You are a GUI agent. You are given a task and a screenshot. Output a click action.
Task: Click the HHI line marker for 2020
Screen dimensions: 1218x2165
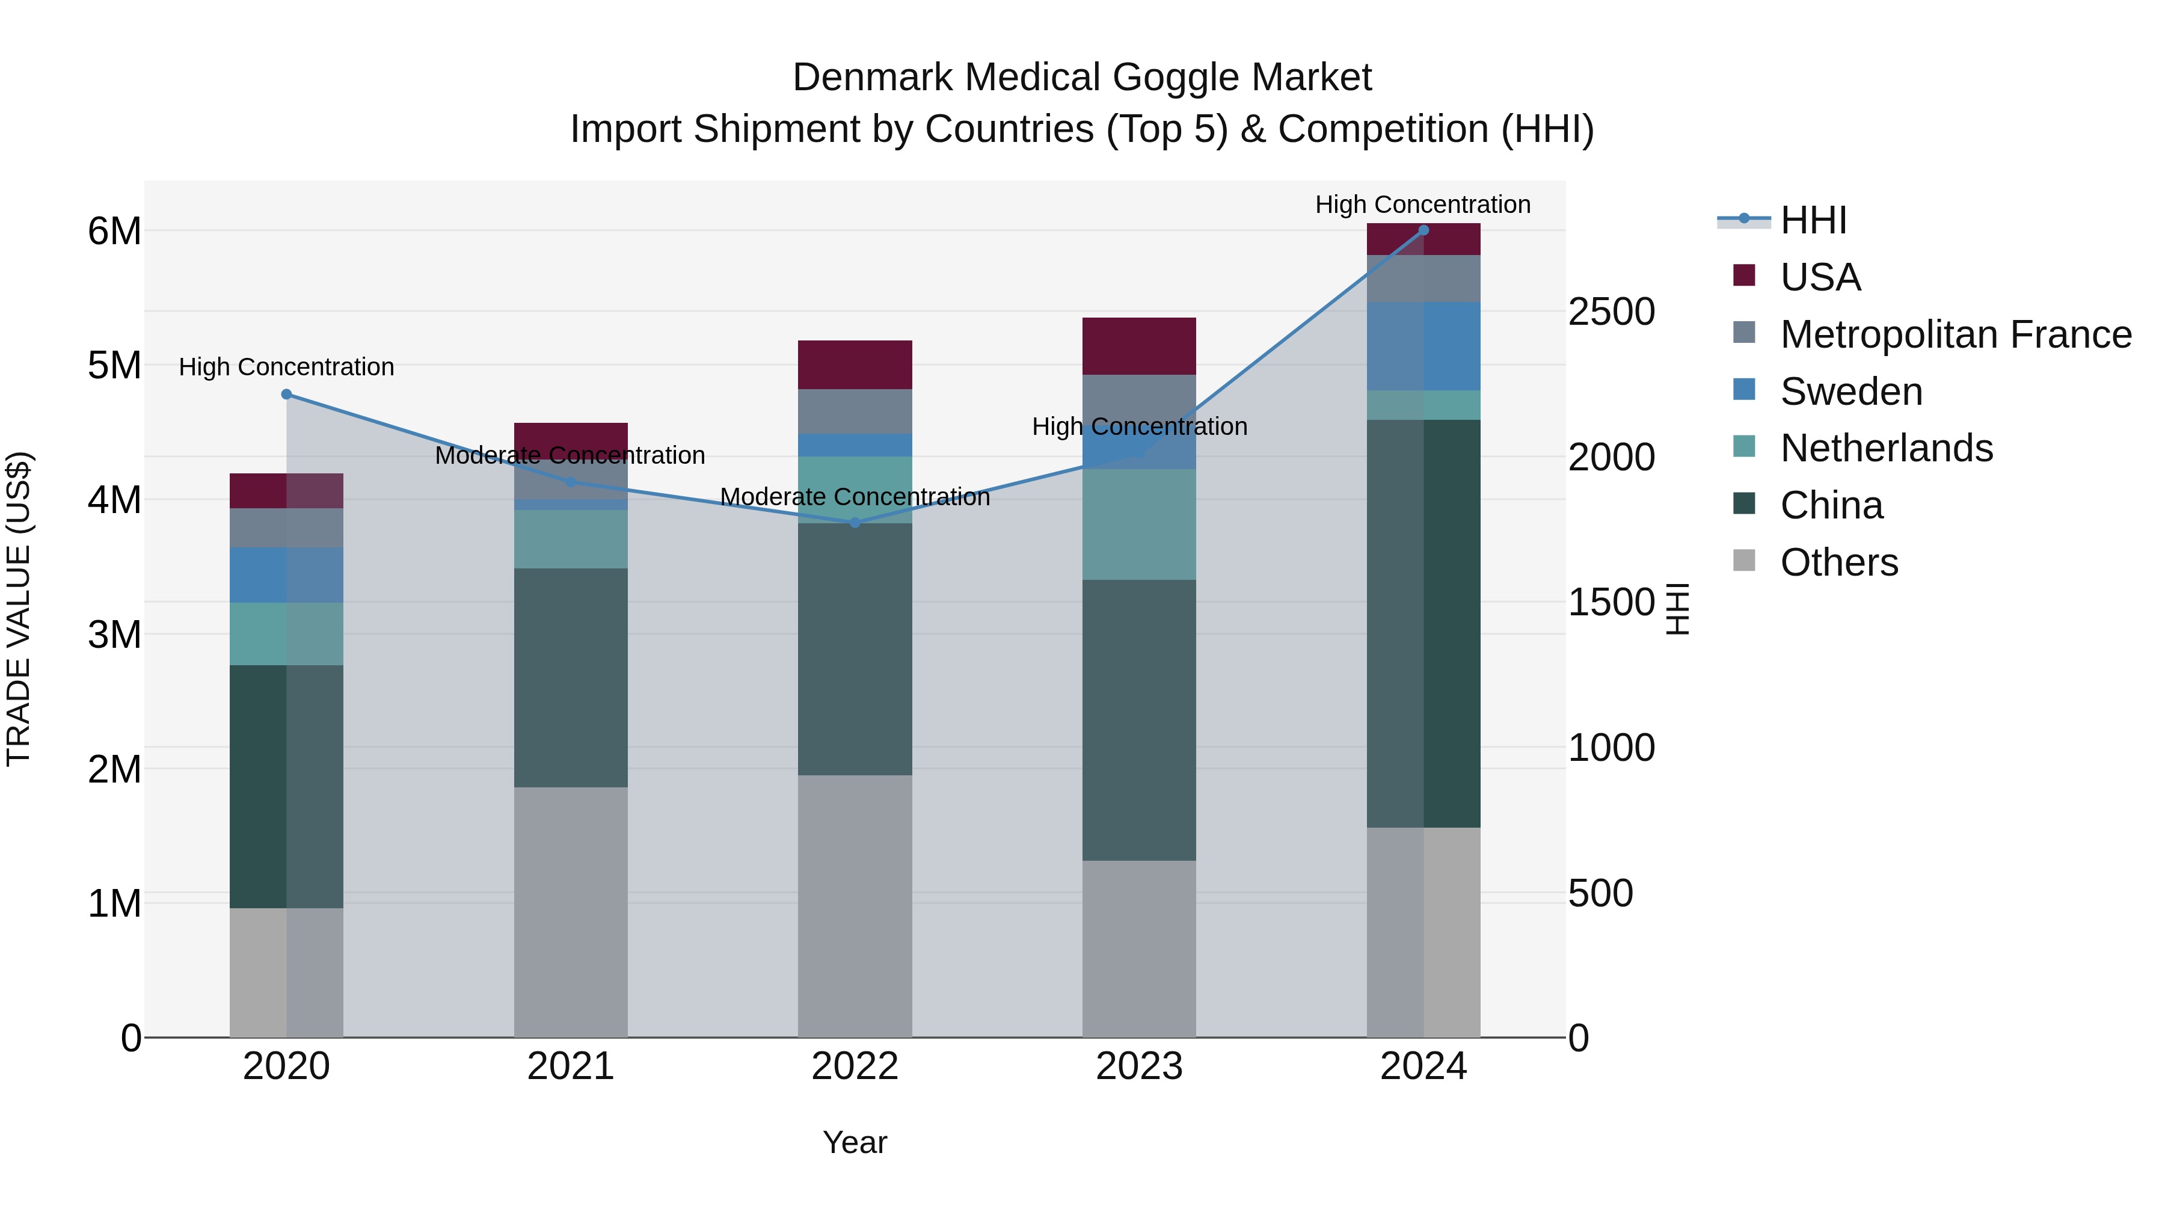coord(287,394)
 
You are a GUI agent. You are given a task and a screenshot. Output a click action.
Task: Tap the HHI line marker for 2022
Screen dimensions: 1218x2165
coord(855,523)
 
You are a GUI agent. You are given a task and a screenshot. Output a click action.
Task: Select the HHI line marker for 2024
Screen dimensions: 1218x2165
coord(1423,230)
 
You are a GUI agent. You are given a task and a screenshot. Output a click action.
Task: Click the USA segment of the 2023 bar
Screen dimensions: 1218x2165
coord(1139,346)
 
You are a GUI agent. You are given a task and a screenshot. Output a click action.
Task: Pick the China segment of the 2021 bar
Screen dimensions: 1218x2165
coord(571,677)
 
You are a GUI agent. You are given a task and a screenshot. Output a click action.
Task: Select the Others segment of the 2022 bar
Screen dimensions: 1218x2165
coord(855,906)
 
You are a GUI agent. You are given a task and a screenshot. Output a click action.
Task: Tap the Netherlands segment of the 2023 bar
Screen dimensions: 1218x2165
coord(1139,524)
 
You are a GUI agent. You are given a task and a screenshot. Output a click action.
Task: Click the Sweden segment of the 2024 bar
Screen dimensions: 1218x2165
coord(1423,346)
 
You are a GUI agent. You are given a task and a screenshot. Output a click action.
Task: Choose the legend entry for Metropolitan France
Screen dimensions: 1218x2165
coord(1956,334)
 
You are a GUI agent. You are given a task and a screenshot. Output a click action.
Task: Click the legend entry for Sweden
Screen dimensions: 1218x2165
coord(1850,392)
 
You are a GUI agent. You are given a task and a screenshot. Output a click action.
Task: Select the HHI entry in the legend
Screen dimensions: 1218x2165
coord(1813,220)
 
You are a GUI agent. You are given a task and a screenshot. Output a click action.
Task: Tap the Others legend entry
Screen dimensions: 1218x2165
coord(1839,562)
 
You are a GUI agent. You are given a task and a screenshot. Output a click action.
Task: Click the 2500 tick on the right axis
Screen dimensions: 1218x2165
coord(1611,312)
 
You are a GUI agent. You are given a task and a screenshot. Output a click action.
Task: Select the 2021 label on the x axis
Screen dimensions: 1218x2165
coord(571,1066)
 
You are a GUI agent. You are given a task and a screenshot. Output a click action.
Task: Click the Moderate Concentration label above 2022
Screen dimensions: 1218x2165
coord(855,497)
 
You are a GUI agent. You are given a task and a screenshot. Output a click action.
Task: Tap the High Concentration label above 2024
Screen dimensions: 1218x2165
coord(1422,205)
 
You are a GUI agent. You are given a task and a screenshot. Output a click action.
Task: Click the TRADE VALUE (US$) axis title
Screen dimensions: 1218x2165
coord(19,609)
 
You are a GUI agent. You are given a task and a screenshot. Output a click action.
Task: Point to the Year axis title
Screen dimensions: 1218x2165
coord(855,1142)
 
